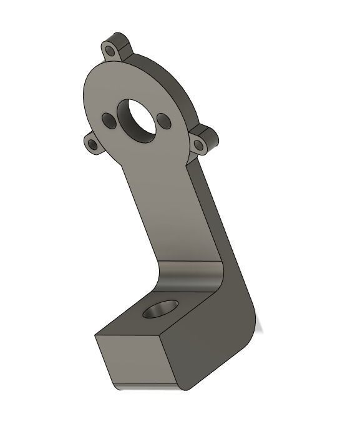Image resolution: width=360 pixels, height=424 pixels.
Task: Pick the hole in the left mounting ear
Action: (93, 145)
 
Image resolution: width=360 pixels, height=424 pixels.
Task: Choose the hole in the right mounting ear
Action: (199, 145)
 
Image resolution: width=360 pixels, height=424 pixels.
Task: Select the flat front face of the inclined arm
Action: (162, 206)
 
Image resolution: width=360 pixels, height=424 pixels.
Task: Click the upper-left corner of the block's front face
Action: (95, 335)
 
